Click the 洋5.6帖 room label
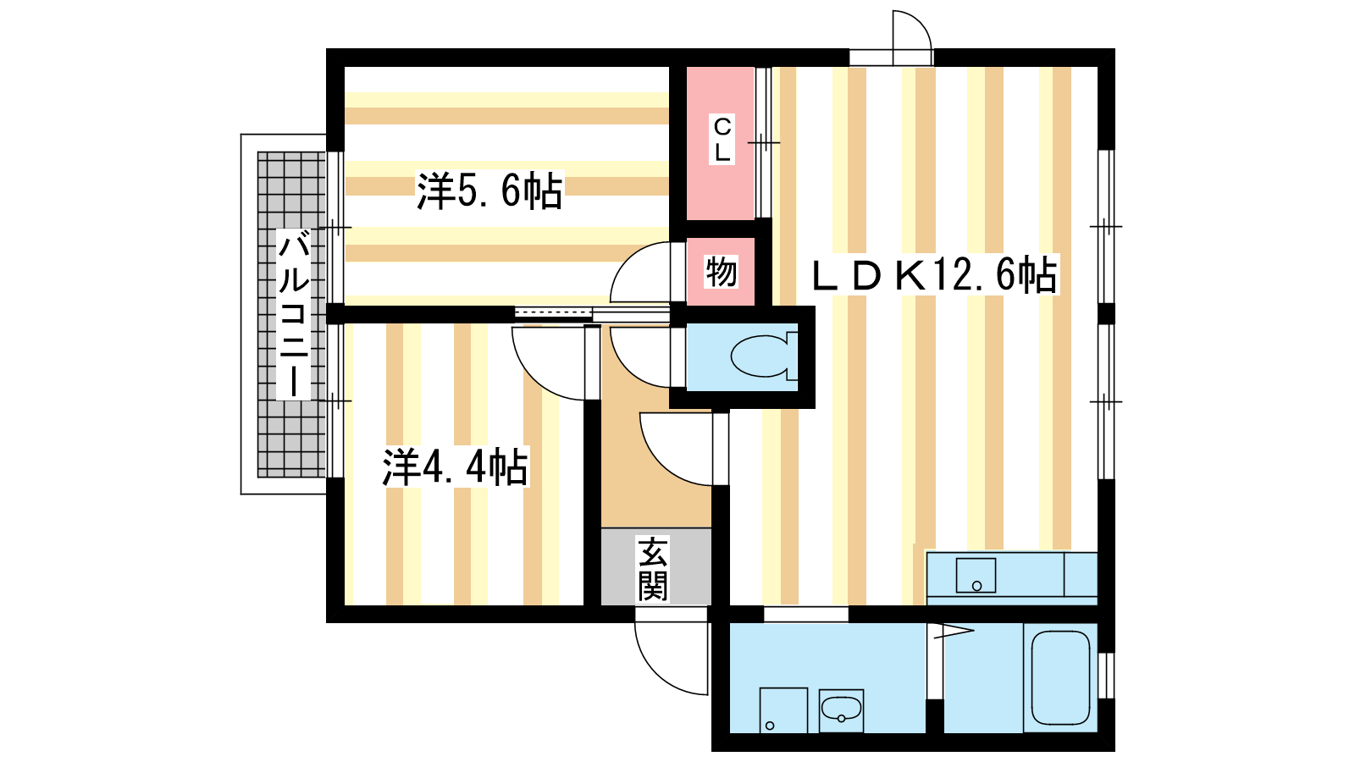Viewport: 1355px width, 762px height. click(489, 190)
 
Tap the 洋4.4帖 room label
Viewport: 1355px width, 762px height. click(455, 467)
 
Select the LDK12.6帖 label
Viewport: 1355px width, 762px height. click(934, 275)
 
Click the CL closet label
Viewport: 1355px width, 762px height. click(722, 140)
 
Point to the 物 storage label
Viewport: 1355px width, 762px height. click(721, 273)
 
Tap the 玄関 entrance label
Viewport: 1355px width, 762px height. click(653, 568)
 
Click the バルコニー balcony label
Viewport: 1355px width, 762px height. click(294, 314)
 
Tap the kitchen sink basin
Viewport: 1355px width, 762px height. click(976, 575)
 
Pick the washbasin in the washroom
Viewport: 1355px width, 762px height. click(841, 710)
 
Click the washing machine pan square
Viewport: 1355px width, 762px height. click(783, 710)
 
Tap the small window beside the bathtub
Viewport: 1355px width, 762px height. click(1106, 675)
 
